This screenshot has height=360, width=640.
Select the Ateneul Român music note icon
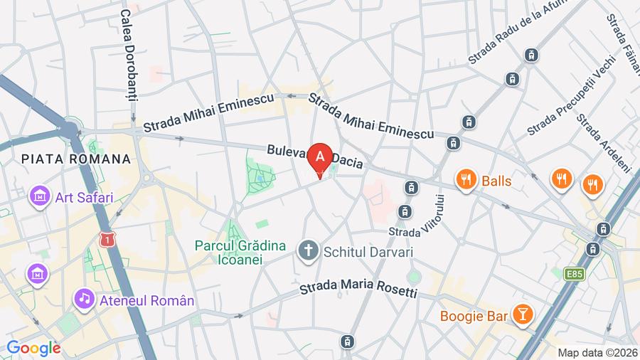(85, 299)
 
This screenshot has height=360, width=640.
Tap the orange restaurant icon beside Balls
(466, 180)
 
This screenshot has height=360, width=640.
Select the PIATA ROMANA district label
(77, 159)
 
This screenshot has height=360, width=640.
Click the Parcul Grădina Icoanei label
(240, 253)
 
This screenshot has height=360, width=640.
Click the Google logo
(33, 348)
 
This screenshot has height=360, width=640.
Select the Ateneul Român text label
(145, 300)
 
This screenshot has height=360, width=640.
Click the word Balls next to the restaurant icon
(496, 181)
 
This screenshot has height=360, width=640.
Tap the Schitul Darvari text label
(368, 251)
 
